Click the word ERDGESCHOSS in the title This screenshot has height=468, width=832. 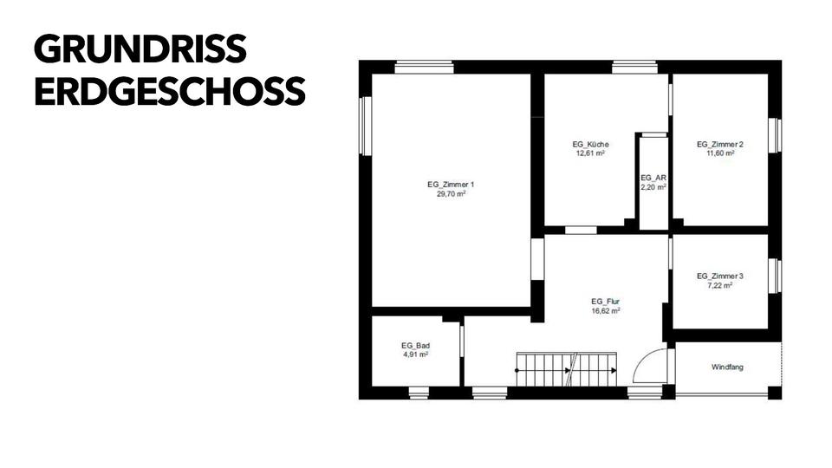pyautogui.click(x=170, y=91)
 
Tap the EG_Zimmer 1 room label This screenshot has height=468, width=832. pyautogui.click(x=451, y=185)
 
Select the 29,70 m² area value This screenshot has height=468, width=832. pyautogui.click(x=451, y=195)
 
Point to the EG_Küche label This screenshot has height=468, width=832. pyautogui.click(x=590, y=144)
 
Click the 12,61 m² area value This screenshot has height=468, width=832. pyautogui.click(x=590, y=153)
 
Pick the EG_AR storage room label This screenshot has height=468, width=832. pyautogui.click(x=653, y=177)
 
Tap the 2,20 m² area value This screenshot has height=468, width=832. pyautogui.click(x=653, y=186)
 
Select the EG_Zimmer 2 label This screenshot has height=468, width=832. pyautogui.click(x=720, y=144)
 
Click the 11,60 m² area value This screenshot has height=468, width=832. pyautogui.click(x=720, y=153)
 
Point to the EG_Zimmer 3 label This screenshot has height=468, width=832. pyautogui.click(x=720, y=276)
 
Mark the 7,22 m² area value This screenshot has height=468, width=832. pyautogui.click(x=720, y=285)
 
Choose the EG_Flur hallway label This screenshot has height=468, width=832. pyautogui.click(x=605, y=301)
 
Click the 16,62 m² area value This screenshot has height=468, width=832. pyautogui.click(x=605, y=310)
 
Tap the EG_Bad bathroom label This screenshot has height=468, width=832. pyautogui.click(x=415, y=345)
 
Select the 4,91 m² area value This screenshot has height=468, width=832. pyautogui.click(x=415, y=354)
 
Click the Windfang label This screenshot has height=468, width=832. pyautogui.click(x=727, y=367)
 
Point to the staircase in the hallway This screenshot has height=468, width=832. pyautogui.click(x=566, y=369)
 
